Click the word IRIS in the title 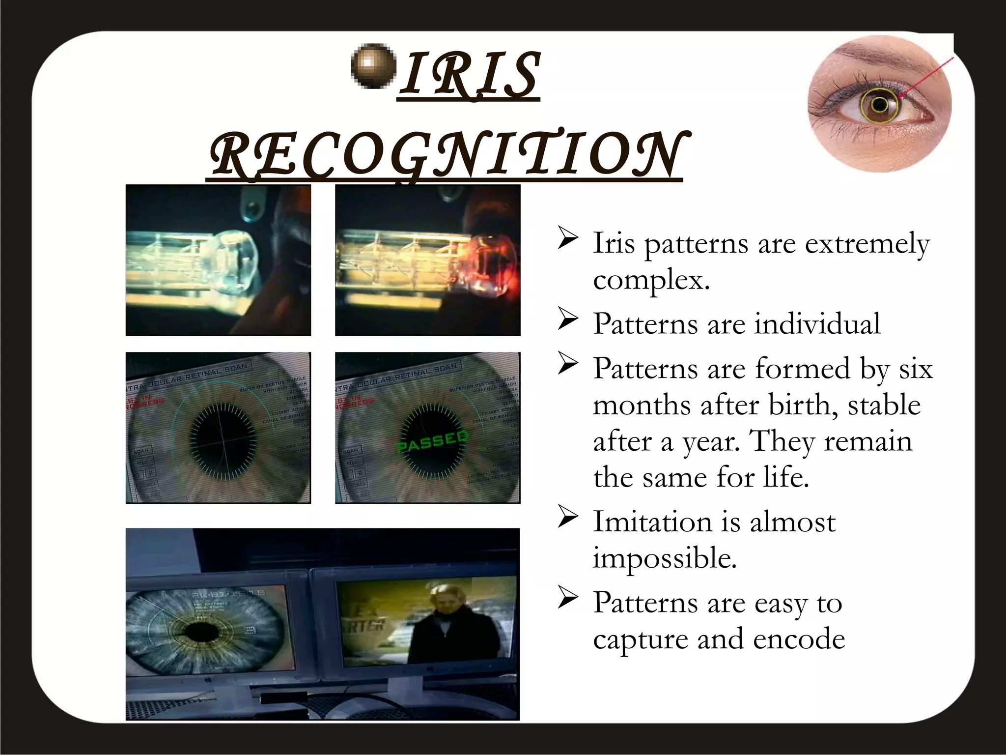[x=469, y=75]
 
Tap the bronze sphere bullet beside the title [x=374, y=66]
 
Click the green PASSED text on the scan [x=432, y=440]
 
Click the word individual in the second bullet [x=817, y=324]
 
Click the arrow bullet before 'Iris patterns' [x=567, y=241]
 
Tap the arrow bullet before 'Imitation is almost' [x=567, y=520]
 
